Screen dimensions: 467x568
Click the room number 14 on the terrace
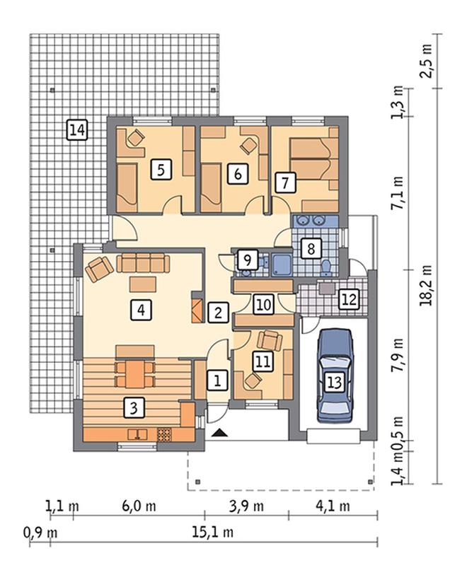click(x=77, y=129)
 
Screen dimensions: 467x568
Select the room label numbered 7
click(x=285, y=182)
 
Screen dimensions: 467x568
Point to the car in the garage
click(x=335, y=375)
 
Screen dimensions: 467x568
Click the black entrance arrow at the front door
click(x=218, y=432)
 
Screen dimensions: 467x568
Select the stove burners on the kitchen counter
click(x=163, y=434)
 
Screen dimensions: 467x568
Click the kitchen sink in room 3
click(x=137, y=434)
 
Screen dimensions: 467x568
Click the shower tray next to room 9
click(x=282, y=265)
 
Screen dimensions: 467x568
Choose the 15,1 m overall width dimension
click(x=212, y=532)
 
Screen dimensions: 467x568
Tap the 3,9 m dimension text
click(x=246, y=506)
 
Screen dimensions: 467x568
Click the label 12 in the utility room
click(x=349, y=299)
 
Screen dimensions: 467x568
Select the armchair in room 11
click(x=270, y=340)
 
